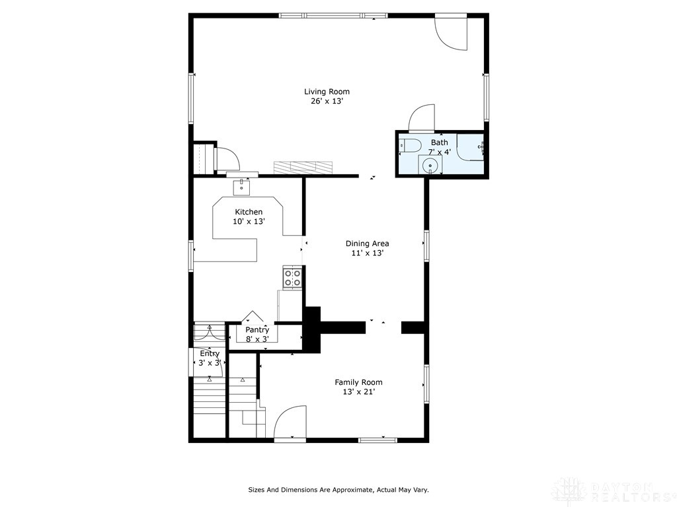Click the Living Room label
[327, 92]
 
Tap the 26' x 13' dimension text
[327, 102]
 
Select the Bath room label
[439, 142]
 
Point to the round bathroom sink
[430, 165]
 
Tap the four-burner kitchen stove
[292, 278]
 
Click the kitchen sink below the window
[241, 187]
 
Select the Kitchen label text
[249, 212]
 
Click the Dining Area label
[367, 243]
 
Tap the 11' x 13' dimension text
[367, 253]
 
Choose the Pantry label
[257, 329]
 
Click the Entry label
[210, 353]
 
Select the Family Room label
[358, 382]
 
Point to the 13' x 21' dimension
[358, 392]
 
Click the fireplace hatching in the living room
[301, 167]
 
